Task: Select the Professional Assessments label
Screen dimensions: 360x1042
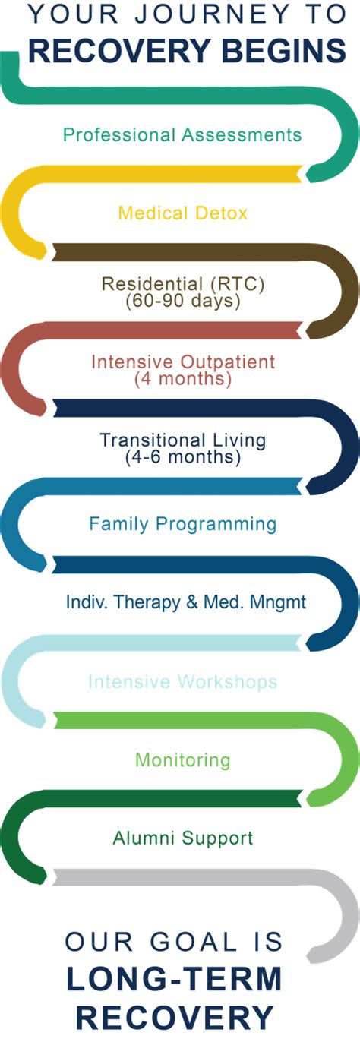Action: click(x=182, y=135)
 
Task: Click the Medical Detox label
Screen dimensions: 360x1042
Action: click(x=183, y=213)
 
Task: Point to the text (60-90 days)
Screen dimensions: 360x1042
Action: click(x=183, y=301)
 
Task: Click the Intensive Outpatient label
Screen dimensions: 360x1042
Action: click(x=183, y=362)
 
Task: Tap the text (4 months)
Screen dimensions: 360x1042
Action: click(x=183, y=379)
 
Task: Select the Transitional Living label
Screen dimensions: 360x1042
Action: click(x=183, y=440)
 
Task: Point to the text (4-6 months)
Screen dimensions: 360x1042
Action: click(x=183, y=456)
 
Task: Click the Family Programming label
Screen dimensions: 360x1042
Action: click(x=183, y=524)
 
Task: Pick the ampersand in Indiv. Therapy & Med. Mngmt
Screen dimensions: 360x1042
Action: click(x=191, y=602)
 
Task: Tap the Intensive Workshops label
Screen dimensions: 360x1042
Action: click(x=183, y=682)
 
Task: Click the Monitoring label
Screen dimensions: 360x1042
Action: click(x=183, y=760)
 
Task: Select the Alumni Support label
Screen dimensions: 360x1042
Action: click(x=183, y=838)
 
